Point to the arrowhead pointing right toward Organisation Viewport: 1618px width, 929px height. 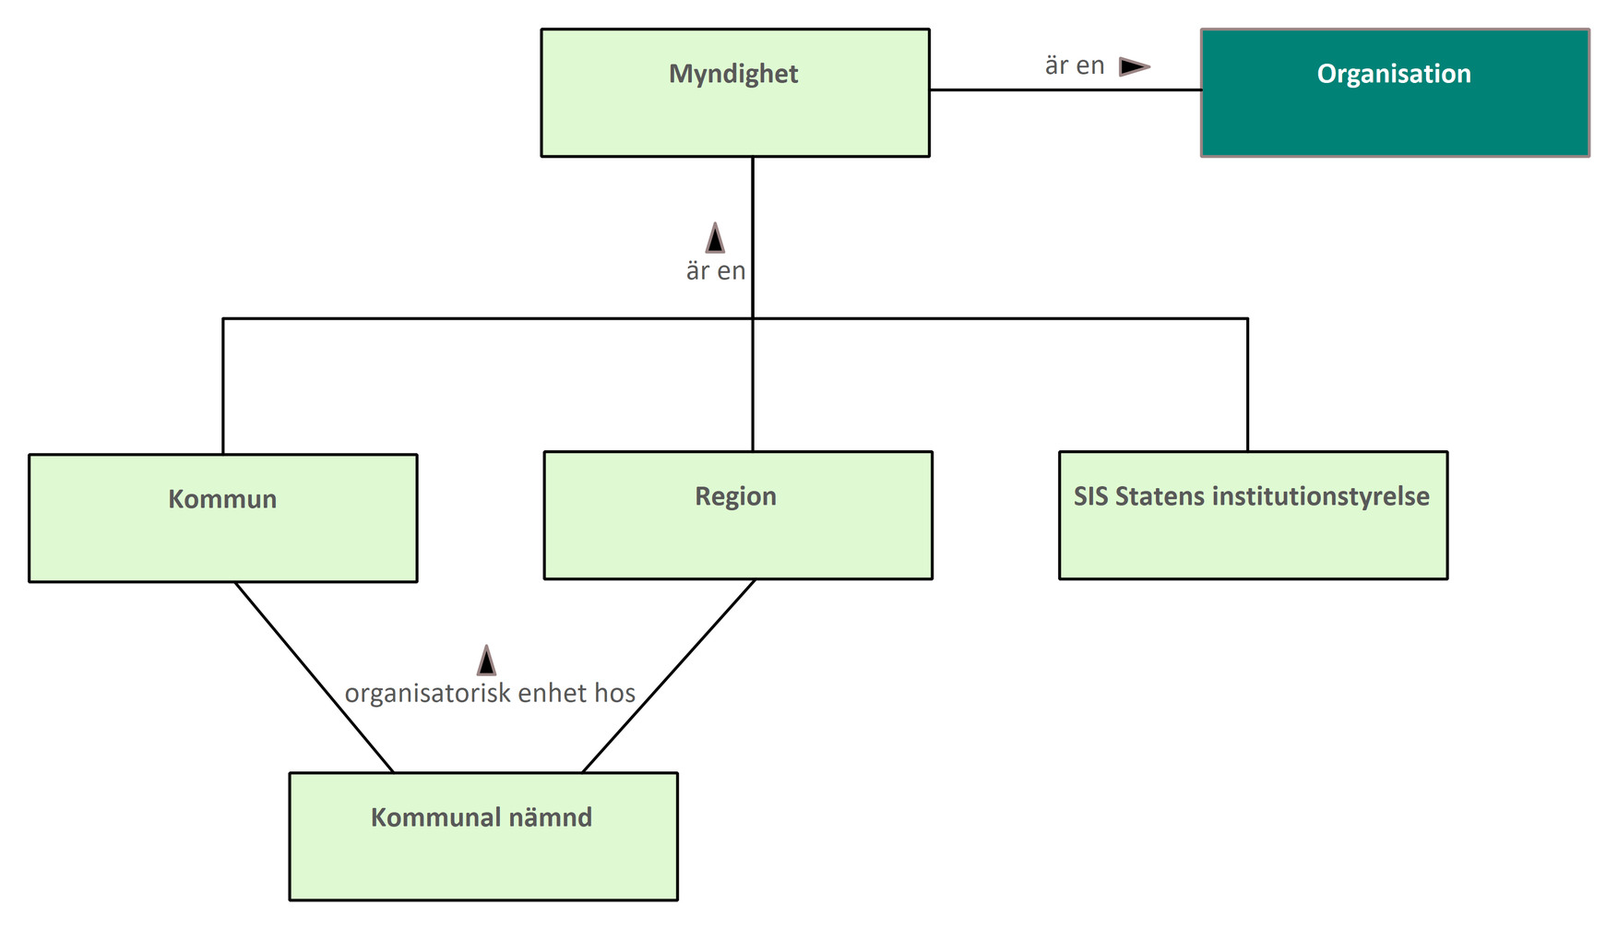[x=1134, y=66]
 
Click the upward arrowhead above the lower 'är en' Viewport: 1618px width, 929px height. [x=715, y=238]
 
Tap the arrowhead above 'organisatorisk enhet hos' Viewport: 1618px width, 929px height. [x=486, y=661]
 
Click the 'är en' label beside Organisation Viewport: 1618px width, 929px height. [x=1074, y=66]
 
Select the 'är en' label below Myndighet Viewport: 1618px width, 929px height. [x=715, y=271]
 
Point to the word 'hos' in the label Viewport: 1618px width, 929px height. [x=614, y=694]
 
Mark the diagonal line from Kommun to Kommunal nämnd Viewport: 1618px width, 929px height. [x=313, y=675]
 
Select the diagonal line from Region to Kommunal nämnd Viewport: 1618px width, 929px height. [x=670, y=675]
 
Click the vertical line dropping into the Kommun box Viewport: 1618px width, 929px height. [x=222, y=387]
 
